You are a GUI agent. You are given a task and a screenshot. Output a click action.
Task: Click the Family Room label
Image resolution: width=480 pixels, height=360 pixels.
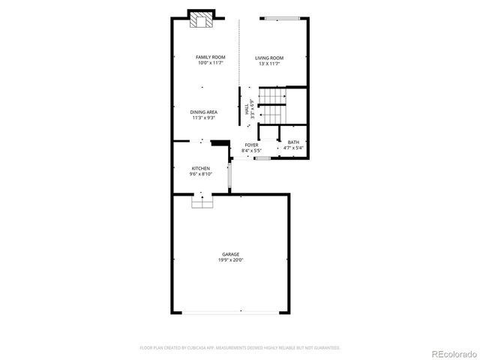coord(211,58)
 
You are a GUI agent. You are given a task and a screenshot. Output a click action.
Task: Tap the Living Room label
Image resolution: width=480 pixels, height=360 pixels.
coord(269,58)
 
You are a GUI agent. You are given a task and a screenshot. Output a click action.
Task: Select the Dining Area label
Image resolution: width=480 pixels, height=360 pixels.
coord(204,112)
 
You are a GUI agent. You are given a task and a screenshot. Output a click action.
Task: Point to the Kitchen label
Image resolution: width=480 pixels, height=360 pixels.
coord(200,169)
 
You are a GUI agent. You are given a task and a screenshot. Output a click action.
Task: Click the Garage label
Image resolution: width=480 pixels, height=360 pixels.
coord(231,255)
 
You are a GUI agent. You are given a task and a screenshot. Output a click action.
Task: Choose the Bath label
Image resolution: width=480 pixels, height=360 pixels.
coord(293,142)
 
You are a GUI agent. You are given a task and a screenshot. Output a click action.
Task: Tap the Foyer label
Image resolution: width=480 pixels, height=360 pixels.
coord(251,145)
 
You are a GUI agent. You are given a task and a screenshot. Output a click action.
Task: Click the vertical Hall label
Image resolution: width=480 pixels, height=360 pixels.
coord(247,110)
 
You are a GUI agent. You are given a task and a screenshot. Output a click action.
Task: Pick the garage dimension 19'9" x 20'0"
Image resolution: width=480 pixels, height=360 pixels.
coord(231,260)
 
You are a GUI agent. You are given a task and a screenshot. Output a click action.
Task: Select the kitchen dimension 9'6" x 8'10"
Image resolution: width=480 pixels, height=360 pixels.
coord(201,174)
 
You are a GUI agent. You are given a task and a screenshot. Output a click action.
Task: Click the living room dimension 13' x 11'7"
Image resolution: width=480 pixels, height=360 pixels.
coord(269,64)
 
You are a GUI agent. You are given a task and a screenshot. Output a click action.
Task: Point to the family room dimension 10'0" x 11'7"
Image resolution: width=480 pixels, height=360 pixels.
coord(211,64)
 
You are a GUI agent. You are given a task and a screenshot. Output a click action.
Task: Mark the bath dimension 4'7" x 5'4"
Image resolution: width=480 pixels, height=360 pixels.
coord(293,148)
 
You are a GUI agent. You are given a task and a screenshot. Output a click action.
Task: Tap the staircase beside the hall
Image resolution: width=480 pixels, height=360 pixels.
coord(273,107)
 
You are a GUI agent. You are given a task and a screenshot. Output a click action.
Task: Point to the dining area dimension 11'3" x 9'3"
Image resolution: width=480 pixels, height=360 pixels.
coord(204,118)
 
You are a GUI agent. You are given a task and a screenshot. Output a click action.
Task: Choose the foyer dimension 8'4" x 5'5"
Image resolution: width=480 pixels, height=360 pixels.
coord(251,151)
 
